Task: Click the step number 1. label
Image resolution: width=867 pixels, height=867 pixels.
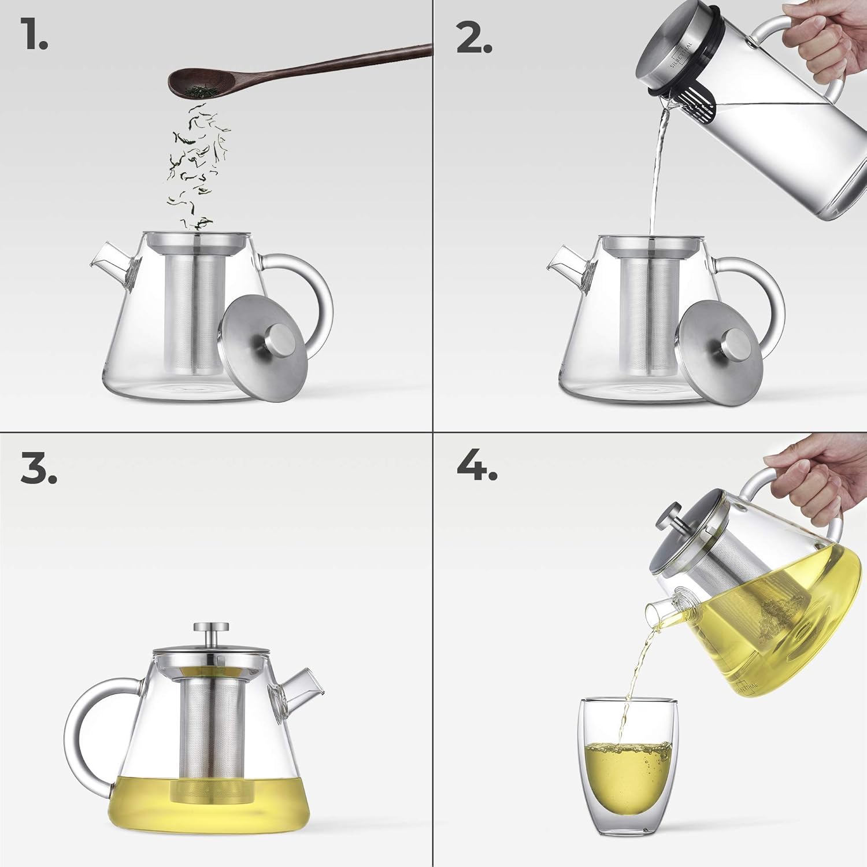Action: pyautogui.click(x=35, y=34)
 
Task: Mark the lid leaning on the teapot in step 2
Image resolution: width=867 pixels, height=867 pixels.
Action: pyautogui.click(x=717, y=347)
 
